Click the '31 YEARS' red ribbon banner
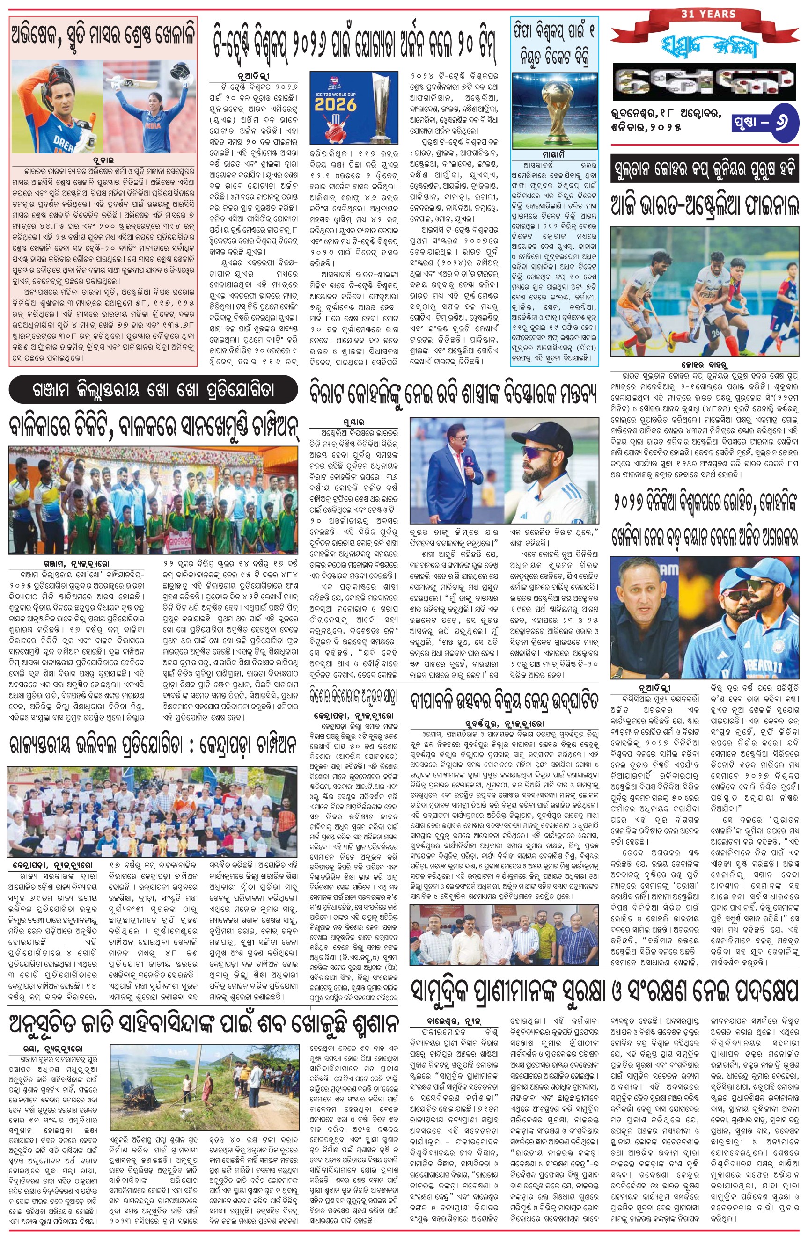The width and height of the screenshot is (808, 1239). [701, 15]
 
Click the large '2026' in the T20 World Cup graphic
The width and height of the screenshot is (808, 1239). [335, 105]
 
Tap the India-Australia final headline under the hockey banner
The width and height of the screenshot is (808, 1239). [705, 204]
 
